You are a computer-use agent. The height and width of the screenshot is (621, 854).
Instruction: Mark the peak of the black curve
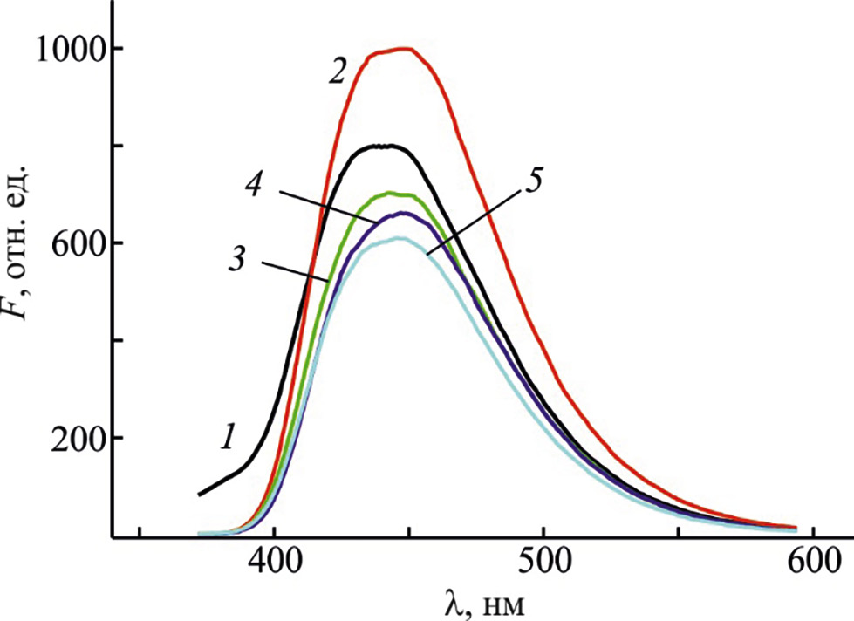pyautogui.click(x=386, y=146)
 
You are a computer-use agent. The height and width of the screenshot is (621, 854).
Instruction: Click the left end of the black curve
pyautogui.click(x=200, y=495)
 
